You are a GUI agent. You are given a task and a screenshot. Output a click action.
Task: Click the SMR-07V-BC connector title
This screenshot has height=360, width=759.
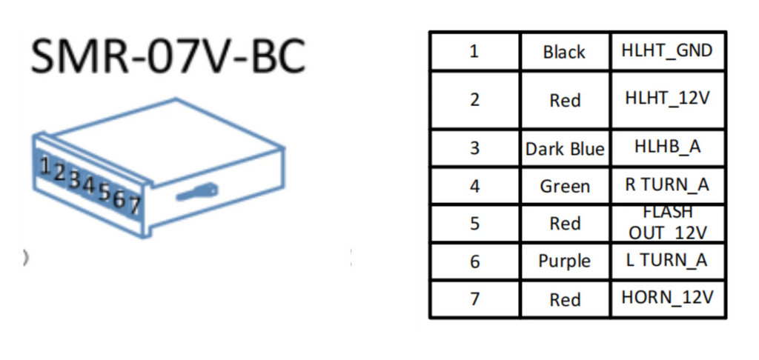click(168, 56)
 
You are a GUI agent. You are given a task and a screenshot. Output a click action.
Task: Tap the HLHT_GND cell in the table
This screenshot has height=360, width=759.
click(667, 51)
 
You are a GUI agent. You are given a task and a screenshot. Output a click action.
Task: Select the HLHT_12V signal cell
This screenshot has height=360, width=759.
click(667, 99)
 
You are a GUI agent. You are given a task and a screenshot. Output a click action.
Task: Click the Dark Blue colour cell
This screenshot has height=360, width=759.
click(565, 148)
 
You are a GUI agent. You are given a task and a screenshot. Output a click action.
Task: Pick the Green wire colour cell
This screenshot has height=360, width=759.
click(565, 186)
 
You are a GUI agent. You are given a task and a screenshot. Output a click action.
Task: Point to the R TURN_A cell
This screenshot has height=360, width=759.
click(667, 185)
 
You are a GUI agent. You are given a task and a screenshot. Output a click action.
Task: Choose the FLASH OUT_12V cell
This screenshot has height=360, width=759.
click(667, 223)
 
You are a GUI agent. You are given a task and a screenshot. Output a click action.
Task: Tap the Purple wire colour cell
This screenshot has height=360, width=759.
click(565, 261)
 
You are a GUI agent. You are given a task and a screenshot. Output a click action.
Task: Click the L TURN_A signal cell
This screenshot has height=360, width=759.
click(667, 261)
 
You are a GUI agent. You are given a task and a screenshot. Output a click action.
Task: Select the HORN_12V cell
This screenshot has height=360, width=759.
click(667, 299)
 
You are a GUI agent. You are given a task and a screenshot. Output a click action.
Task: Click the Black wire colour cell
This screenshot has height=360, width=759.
click(565, 52)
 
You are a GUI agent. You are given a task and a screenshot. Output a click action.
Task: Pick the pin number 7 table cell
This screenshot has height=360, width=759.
click(475, 299)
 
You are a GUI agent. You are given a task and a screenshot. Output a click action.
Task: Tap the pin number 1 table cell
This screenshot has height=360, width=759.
click(475, 51)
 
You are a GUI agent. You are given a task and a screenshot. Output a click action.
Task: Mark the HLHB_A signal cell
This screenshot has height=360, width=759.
click(667, 147)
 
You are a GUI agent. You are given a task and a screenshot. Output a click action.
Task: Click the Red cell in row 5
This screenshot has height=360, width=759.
click(565, 224)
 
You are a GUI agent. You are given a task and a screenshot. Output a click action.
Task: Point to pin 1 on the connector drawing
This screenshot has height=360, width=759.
click(46, 166)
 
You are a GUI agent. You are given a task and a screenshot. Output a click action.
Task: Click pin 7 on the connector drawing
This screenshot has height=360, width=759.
click(134, 206)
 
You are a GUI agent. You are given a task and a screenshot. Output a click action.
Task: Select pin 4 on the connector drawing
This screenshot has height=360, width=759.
click(90, 184)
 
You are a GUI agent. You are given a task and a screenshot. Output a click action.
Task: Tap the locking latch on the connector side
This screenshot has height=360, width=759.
click(196, 192)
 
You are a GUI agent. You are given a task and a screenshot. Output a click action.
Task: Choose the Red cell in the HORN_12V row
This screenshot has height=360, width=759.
click(565, 299)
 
